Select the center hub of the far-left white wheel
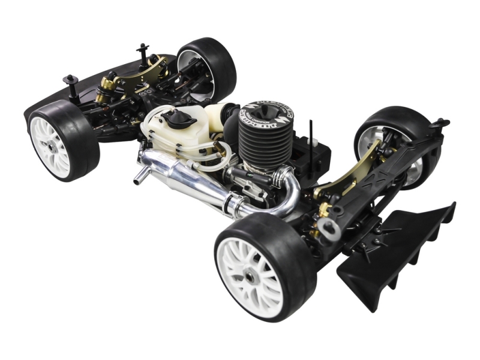click(52, 145)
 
